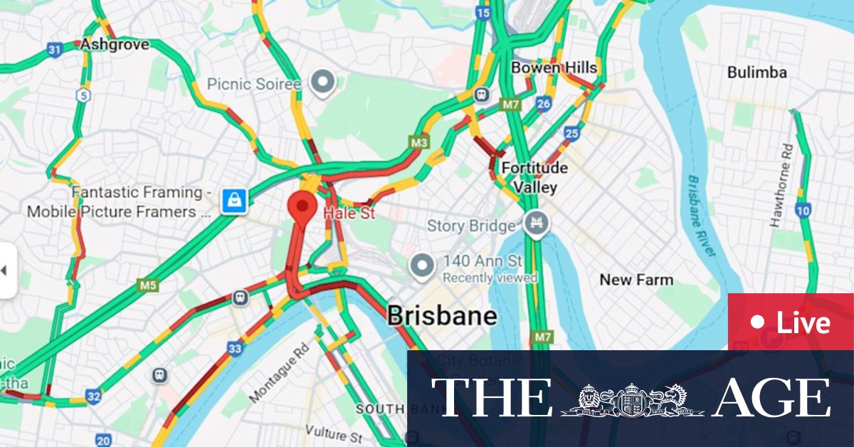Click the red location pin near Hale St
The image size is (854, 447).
[302, 206]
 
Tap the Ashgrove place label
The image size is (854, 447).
[115, 44]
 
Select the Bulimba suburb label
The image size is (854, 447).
[757, 73]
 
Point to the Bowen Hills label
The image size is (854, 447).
[554, 68]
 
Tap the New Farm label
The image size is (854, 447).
[636, 280]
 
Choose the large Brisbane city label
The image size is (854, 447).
[442, 316]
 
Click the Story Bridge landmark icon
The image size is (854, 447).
[535, 225]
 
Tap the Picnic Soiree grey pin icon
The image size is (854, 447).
[325, 83]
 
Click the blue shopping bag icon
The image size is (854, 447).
[233, 201]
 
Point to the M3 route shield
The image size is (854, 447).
[419, 142]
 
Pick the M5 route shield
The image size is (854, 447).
[147, 286]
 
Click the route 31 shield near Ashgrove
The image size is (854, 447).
[55, 49]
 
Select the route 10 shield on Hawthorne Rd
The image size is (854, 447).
[803, 211]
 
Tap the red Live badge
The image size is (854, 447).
[790, 322]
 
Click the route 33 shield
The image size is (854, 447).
[236, 349]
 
